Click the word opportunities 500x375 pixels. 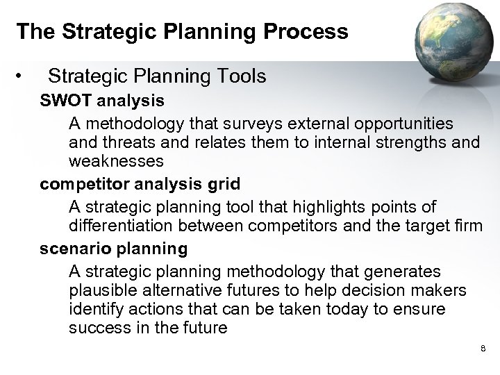(407, 124)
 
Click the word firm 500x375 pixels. (467, 226)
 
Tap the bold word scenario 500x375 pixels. (73, 248)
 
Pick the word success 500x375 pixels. (99, 328)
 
